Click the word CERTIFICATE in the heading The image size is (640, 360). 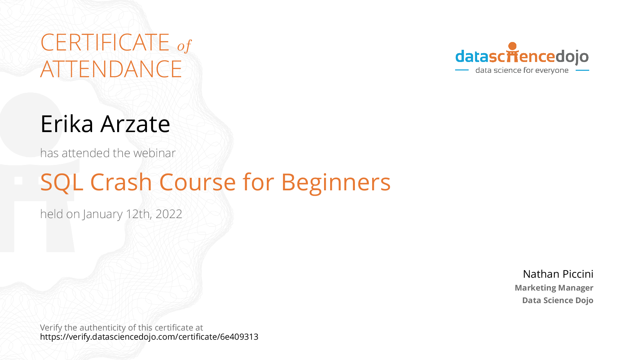tap(105, 42)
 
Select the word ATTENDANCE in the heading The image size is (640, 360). tap(111, 69)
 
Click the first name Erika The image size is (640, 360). tap(67, 124)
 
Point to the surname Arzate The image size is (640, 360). tap(135, 124)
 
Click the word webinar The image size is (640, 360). tap(154, 153)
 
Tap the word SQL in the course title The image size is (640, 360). tap(62, 183)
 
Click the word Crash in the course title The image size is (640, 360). tap(121, 182)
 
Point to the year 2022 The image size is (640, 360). tap(169, 214)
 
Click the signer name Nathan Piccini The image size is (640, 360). tap(558, 274)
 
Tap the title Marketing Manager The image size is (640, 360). tap(554, 288)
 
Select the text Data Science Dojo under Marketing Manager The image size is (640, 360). tap(558, 300)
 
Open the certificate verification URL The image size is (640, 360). tap(149, 337)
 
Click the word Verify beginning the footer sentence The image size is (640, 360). tap(51, 328)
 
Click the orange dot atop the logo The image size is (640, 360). tap(513, 46)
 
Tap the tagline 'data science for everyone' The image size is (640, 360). tap(522, 70)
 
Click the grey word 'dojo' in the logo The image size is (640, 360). tap(572, 57)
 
